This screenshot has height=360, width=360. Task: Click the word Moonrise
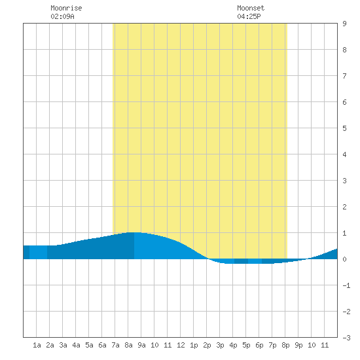tap(66, 8)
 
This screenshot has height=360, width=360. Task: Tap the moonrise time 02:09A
tap(62, 16)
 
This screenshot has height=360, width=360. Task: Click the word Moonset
tap(251, 8)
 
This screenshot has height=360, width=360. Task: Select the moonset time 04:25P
tap(249, 16)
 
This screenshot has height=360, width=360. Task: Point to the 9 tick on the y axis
tap(344, 24)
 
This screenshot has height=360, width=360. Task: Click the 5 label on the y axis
tap(344, 128)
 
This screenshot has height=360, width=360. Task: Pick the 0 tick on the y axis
tap(344, 259)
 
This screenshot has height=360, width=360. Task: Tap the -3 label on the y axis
tap(346, 338)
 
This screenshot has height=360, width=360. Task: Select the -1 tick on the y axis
tap(346, 285)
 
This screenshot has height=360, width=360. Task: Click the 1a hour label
tap(37, 345)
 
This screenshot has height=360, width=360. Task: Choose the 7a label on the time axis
tap(115, 345)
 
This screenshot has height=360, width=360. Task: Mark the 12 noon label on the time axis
tap(181, 345)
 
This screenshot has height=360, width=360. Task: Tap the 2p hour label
tap(207, 345)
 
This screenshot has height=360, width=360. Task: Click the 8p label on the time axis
tap(285, 345)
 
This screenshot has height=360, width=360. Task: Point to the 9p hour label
tap(298, 345)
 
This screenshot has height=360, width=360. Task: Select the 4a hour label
tap(76, 345)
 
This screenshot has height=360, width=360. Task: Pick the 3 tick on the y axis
tap(344, 181)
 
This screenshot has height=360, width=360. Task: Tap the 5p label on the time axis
tap(246, 345)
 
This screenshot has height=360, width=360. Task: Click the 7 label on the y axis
tap(344, 76)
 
